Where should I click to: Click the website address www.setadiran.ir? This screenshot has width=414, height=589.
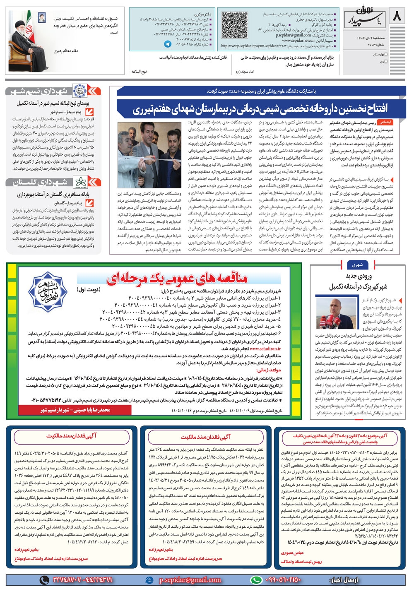tap(265, 349)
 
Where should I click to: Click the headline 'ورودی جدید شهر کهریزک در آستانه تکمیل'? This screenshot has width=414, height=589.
tap(359, 281)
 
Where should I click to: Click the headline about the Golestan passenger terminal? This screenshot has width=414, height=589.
tap(53, 194)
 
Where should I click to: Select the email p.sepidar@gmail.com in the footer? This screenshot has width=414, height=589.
tap(190, 580)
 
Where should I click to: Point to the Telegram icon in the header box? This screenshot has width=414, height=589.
tap(167, 44)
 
